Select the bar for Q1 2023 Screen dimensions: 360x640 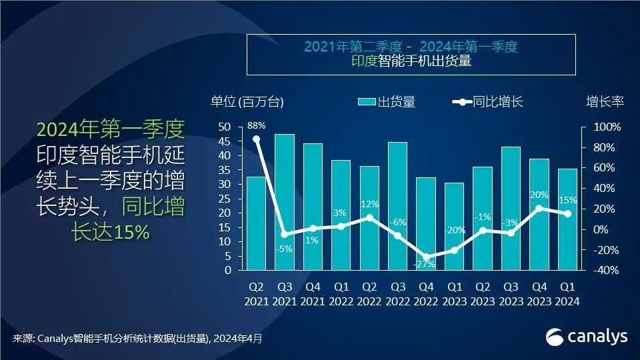click(x=455, y=227)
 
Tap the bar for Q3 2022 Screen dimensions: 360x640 click(x=398, y=206)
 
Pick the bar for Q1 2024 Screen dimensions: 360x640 click(x=568, y=219)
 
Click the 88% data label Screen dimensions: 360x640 click(x=256, y=125)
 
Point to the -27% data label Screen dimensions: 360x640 click(x=424, y=264)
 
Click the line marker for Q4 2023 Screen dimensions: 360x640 click(x=539, y=208)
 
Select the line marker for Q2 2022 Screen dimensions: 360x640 click(x=369, y=217)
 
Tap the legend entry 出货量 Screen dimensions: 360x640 click(x=387, y=102)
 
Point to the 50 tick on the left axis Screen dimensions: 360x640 click(x=225, y=127)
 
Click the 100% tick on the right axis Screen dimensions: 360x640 click(x=607, y=127)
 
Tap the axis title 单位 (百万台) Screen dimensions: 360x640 click(x=247, y=102)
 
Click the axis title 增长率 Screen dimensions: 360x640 click(x=605, y=102)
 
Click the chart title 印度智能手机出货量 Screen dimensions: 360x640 click(x=411, y=63)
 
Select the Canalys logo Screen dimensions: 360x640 click(x=587, y=337)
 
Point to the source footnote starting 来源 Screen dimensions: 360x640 click(x=137, y=339)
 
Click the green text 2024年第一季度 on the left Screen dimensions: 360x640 click(x=111, y=129)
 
